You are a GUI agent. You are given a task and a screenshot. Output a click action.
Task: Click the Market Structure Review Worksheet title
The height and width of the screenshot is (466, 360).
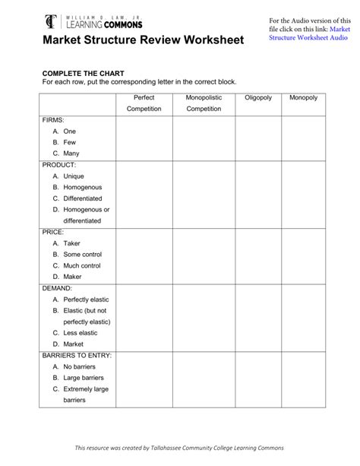coord(143,40)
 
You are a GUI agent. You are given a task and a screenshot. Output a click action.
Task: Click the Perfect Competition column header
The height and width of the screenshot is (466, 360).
coord(144,103)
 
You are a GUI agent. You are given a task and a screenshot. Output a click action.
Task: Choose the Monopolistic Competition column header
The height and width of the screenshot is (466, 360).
coord(204,103)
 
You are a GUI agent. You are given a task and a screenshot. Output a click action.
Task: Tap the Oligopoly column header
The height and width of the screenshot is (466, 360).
coord(257,98)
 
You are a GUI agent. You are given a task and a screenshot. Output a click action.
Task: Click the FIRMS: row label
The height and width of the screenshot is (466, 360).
coord(53,120)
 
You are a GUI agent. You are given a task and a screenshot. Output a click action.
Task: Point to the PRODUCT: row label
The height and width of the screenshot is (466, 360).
coord(59,164)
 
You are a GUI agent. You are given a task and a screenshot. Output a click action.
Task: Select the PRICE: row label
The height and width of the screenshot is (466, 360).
coord(53,231)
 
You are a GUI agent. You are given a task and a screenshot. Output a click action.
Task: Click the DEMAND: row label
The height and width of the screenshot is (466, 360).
coord(58,288)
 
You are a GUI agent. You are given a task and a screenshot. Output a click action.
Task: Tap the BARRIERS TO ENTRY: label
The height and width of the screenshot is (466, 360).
coord(77,355)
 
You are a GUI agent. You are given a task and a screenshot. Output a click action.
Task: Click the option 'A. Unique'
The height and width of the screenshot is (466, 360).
coord(68,176)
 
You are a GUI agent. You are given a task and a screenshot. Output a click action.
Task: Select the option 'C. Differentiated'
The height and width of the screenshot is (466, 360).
coord(77,198)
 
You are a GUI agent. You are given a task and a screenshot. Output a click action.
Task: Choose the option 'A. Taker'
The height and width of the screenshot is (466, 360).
coord(66,243)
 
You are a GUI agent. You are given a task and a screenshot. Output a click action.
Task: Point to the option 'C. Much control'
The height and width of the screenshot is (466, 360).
coord(77,265)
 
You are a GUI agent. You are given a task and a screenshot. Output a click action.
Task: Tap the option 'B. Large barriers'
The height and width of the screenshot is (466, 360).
coord(78,377)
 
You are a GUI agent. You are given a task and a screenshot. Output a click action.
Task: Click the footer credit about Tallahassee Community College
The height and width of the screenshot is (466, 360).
coord(179,449)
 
